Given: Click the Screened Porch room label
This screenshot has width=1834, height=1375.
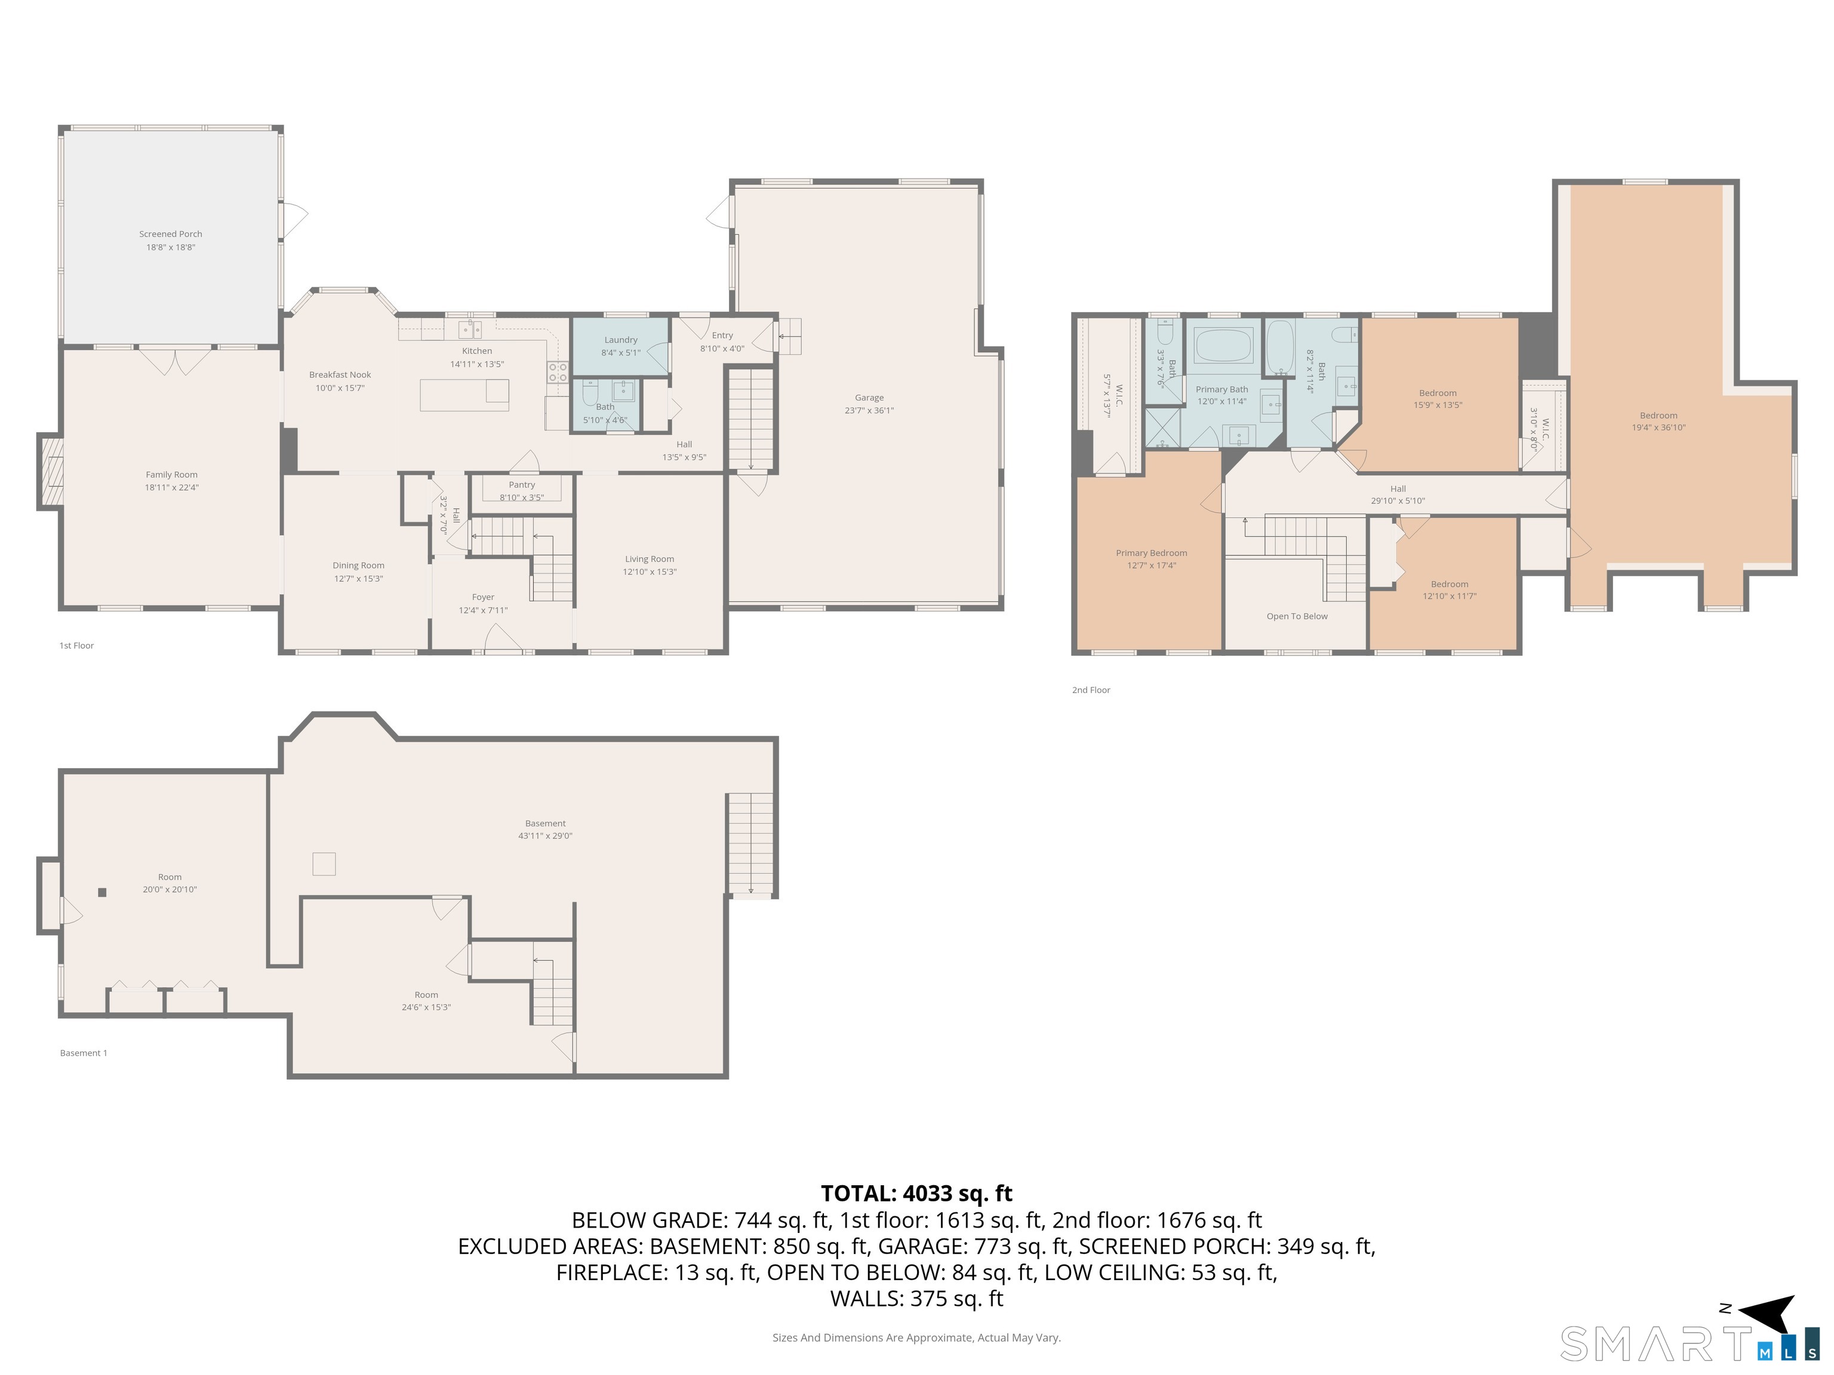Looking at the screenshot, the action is click(171, 234).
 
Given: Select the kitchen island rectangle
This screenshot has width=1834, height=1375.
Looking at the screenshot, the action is click(464, 394).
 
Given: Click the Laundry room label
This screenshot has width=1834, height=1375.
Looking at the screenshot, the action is click(621, 340).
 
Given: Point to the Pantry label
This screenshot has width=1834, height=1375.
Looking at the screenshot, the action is click(522, 485).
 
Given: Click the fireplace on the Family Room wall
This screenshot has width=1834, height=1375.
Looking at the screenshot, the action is click(50, 471).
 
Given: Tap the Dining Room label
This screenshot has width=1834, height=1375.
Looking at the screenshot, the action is click(358, 565).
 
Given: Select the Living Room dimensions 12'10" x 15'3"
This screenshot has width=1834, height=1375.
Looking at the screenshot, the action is click(650, 572).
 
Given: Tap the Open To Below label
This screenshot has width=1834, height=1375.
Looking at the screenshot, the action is click(1297, 616).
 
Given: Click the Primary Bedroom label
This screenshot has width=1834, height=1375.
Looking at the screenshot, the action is click(1151, 553).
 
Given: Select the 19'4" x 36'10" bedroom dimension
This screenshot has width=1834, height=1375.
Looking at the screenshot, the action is click(1658, 428).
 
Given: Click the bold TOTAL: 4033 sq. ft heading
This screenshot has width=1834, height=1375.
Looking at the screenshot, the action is click(916, 1194).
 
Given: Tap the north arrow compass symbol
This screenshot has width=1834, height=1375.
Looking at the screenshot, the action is click(1768, 1314).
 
